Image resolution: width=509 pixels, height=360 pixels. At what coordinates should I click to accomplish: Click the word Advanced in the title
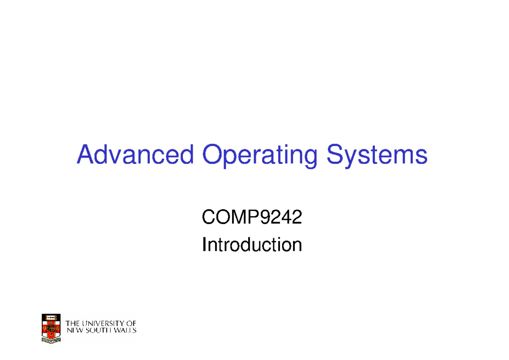[x=134, y=155]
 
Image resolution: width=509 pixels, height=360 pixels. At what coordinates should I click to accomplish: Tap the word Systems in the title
[x=377, y=156]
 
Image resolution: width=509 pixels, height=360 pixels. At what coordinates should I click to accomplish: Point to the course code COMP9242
[x=252, y=218]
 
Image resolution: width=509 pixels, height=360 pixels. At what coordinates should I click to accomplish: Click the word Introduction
[x=252, y=245]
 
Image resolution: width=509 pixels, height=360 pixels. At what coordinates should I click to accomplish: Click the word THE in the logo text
[x=73, y=323]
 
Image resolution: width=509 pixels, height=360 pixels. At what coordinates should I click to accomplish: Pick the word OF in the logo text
[x=131, y=323]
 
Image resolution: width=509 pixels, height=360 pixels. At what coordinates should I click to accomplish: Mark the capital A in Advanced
[x=85, y=155]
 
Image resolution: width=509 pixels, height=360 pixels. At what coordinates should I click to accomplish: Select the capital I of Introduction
[x=204, y=245]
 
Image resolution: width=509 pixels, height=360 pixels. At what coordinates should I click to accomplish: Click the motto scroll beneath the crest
[x=51, y=340]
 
